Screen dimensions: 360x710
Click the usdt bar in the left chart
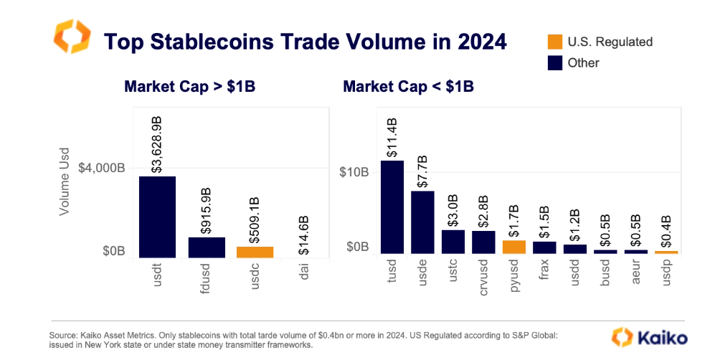pyautogui.click(x=157, y=216)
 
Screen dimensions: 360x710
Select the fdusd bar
pyautogui.click(x=207, y=247)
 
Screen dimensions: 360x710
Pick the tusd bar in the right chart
pyautogui.click(x=392, y=207)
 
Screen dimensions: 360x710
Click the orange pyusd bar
pyautogui.click(x=513, y=246)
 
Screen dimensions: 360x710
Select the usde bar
pyautogui.click(x=422, y=222)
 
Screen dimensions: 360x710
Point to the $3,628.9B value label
pyautogui.click(x=158, y=141)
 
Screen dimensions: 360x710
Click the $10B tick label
pyautogui.click(x=354, y=172)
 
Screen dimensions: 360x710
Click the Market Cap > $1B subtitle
pyautogui.click(x=190, y=87)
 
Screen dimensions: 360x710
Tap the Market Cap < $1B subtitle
pyautogui.click(x=408, y=87)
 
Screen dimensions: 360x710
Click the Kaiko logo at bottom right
pyautogui.click(x=650, y=337)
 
